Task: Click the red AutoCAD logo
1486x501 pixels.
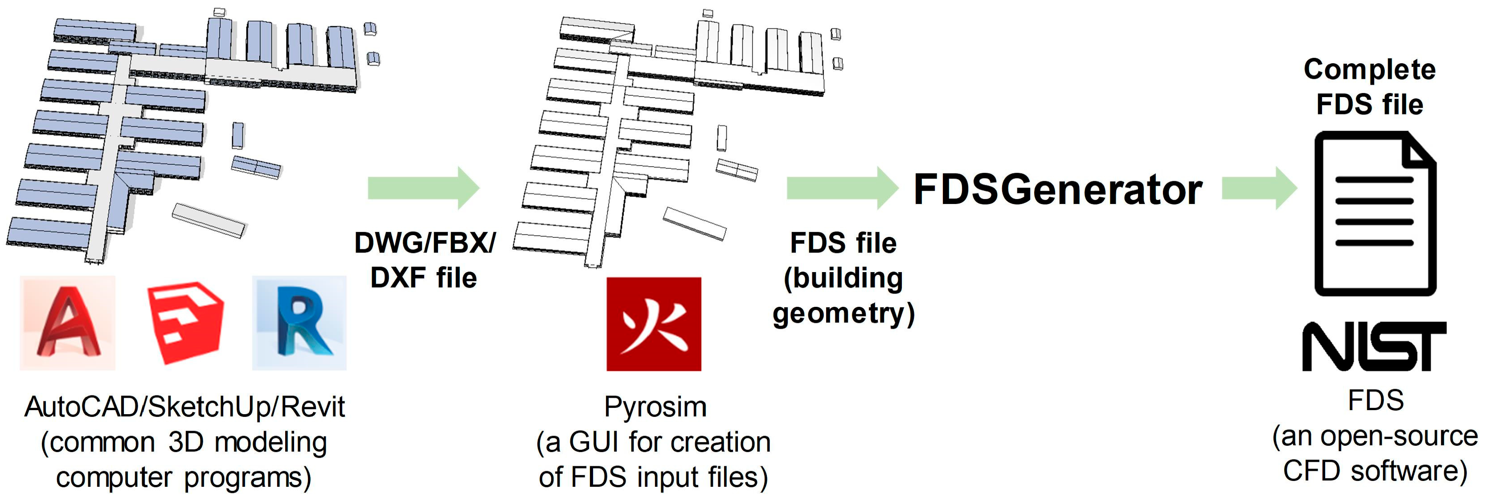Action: [67, 323]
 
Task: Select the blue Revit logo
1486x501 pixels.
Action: [299, 323]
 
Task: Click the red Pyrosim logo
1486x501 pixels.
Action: [654, 324]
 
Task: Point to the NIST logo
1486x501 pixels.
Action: [1374, 346]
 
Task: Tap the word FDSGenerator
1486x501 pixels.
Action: [1058, 190]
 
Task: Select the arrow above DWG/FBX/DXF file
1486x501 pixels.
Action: [423, 188]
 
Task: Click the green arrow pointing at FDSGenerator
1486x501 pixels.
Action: [842, 188]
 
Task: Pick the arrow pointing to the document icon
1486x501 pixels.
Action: [1259, 188]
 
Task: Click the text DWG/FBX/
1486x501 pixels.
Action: [425, 243]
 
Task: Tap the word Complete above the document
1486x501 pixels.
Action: [1369, 70]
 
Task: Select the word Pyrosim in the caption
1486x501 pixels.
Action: [655, 407]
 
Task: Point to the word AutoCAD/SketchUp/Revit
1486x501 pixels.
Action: [184, 407]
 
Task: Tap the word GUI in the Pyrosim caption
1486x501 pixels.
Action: [595, 443]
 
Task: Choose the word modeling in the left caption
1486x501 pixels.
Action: [271, 443]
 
